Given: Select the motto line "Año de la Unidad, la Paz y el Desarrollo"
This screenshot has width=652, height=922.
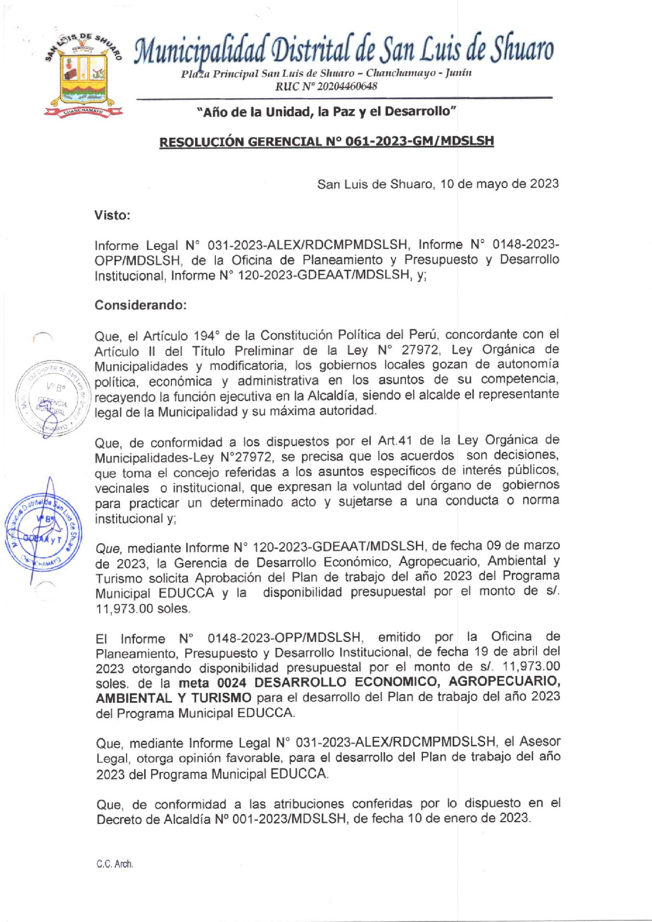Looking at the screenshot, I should (327, 112).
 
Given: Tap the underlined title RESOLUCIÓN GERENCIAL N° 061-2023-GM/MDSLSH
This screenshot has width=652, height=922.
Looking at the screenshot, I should (327, 141).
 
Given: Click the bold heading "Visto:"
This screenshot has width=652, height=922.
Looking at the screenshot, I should (112, 215).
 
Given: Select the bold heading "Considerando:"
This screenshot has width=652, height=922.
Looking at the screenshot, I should (141, 305).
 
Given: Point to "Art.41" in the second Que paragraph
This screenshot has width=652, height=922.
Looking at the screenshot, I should (396, 441).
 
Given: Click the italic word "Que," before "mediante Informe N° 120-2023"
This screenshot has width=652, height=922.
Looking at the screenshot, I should (108, 548).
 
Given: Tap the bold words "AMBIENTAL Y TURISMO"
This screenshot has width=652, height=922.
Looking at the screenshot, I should (173, 698).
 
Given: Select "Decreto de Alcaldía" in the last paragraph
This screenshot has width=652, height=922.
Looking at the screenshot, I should (148, 819).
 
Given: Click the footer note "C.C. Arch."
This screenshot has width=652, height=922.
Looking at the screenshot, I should (115, 864).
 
